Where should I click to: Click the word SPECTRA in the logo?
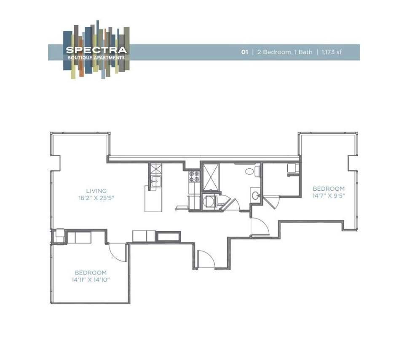(x=96, y=50)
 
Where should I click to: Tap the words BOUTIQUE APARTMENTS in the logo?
(x=96, y=57)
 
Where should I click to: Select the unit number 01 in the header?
(x=244, y=52)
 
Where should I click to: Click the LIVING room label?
(x=96, y=191)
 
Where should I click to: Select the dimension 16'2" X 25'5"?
(x=96, y=197)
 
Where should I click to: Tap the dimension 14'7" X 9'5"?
(x=328, y=195)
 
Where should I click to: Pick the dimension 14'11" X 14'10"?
(x=91, y=279)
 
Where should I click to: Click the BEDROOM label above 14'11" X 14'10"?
(x=91, y=272)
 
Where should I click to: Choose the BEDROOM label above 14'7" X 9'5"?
(x=328, y=189)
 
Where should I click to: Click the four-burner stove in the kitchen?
(x=194, y=176)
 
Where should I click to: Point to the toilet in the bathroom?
(x=249, y=171)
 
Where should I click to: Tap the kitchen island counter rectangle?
(x=153, y=200)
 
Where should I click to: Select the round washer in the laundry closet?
(x=209, y=202)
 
